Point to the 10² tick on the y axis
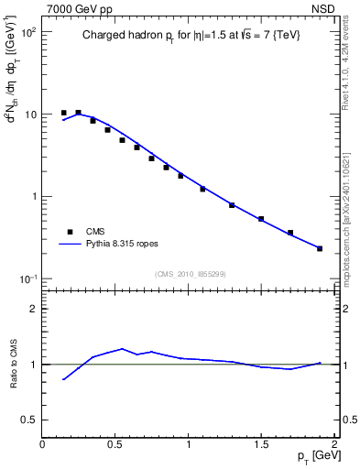pyautogui.click(x=27, y=32)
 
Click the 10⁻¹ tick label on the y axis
pyautogui.click(x=27, y=278)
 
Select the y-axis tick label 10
pyautogui.click(x=29, y=115)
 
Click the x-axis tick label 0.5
pyautogui.click(x=115, y=444)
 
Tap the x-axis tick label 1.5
pyautogui.click(x=261, y=444)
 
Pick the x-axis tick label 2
pyautogui.click(x=334, y=444)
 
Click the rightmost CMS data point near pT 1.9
pyautogui.click(x=320, y=248)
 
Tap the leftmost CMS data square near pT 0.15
pyautogui.click(x=64, y=113)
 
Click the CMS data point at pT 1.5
pyautogui.click(x=261, y=219)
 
